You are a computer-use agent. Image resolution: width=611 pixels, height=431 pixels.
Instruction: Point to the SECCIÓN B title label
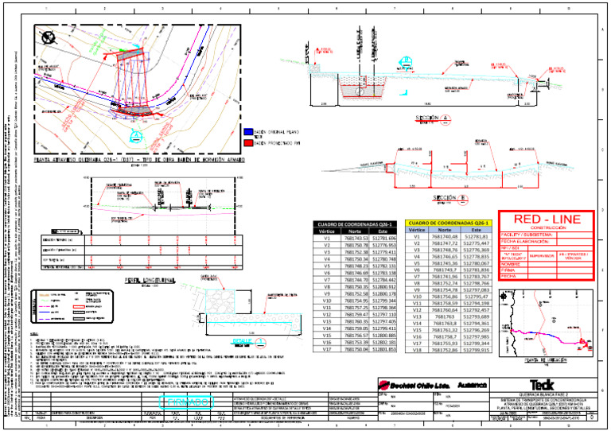point(443,197)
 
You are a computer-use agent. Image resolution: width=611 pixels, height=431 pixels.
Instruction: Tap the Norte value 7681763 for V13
point(444,316)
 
